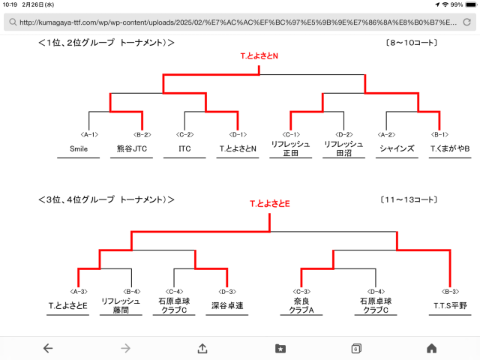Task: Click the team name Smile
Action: pos(79,148)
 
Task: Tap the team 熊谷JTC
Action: pos(132,148)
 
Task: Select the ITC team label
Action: pos(185,148)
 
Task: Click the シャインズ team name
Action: pos(397,148)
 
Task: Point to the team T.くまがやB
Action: pos(450,148)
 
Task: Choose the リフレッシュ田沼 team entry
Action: pos(343,148)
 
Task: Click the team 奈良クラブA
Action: pos(303,305)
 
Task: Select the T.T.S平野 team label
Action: pos(450,305)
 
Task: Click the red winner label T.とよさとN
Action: pos(259,56)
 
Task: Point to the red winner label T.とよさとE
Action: pos(270,203)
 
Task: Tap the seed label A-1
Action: pos(89,134)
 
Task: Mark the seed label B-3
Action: pos(451,291)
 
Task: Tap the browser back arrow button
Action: pos(48,348)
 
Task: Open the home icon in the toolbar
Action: pos(431,348)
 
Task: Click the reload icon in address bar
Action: pos(466,22)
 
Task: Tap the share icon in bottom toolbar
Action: pos(202,348)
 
